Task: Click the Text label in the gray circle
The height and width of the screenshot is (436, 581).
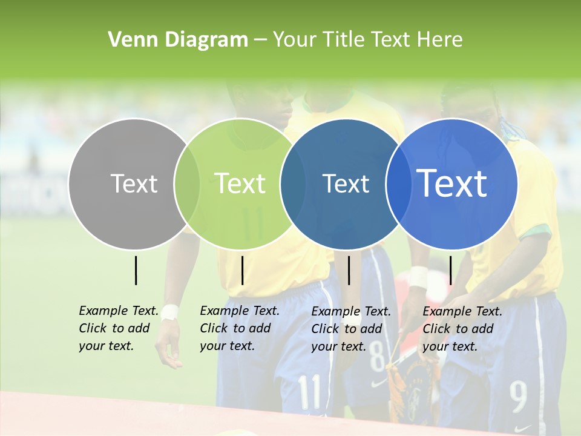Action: pyautogui.click(x=134, y=183)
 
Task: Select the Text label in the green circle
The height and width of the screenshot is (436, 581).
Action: pyautogui.click(x=240, y=183)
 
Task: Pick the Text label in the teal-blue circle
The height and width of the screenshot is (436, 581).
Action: pyautogui.click(x=346, y=183)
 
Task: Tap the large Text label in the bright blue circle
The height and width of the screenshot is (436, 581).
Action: pyautogui.click(x=452, y=183)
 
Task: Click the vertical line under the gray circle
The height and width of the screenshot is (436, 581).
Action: pyautogui.click(x=136, y=270)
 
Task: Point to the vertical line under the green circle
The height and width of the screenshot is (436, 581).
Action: pyautogui.click(x=242, y=270)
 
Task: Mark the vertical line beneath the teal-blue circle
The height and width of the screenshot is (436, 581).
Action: pyautogui.click(x=349, y=270)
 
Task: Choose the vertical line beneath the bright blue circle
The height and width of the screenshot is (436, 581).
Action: pyautogui.click(x=450, y=270)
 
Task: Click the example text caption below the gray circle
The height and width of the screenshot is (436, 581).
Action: pyautogui.click(x=118, y=328)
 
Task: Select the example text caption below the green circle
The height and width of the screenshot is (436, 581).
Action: pyautogui.click(x=239, y=328)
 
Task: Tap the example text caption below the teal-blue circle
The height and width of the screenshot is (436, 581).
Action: pyautogui.click(x=350, y=329)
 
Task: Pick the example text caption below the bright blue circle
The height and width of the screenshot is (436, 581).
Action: pyautogui.click(x=462, y=329)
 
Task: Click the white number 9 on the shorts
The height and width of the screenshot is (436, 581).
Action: pyautogui.click(x=518, y=397)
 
